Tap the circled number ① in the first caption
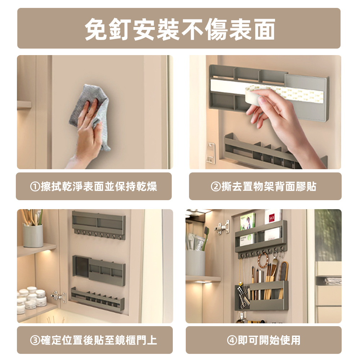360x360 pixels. (35, 187)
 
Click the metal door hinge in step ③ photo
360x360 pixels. (58, 296)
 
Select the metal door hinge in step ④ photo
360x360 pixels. (223, 227)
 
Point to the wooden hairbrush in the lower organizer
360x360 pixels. (283, 274)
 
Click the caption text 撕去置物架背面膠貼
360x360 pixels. (269, 187)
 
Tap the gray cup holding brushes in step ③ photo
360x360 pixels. (33, 235)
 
